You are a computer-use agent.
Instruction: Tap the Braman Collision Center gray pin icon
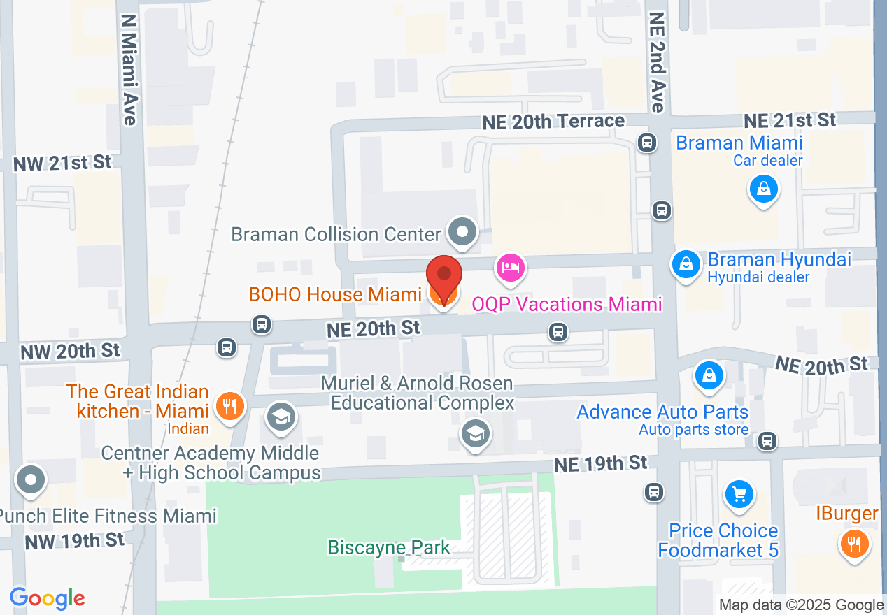pyautogui.click(x=462, y=231)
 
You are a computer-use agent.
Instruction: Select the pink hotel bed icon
pyautogui.click(x=511, y=268)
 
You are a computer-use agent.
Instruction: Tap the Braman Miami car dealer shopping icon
pyautogui.click(x=763, y=188)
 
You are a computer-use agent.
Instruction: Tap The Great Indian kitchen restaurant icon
pyautogui.click(x=229, y=406)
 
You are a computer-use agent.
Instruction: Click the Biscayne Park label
pyautogui.click(x=389, y=547)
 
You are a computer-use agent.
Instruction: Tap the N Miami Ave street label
pyautogui.click(x=129, y=70)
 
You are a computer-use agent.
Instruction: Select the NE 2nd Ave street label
pyautogui.click(x=657, y=61)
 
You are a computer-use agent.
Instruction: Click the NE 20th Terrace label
pyautogui.click(x=553, y=122)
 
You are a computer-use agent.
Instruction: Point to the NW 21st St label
pyautogui.click(x=62, y=163)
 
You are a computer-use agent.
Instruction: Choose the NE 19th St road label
pyautogui.click(x=600, y=463)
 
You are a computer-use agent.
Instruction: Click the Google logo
pyautogui.click(x=47, y=598)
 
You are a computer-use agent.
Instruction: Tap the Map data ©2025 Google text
pyautogui.click(x=801, y=605)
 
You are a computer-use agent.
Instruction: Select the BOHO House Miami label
pyautogui.click(x=334, y=294)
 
